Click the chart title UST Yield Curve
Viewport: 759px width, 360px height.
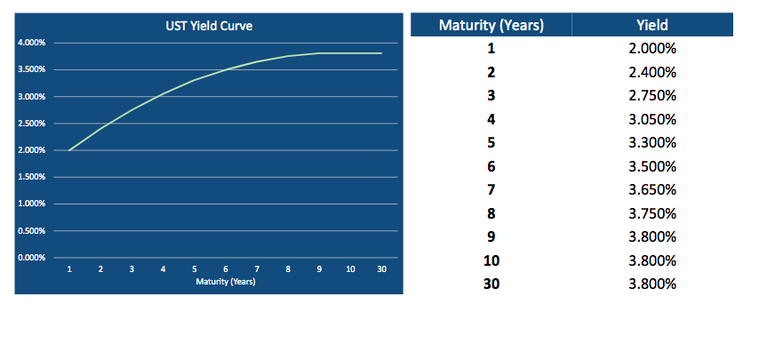click(x=211, y=27)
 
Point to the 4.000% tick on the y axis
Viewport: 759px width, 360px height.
click(x=32, y=43)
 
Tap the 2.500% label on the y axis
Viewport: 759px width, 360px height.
click(x=32, y=124)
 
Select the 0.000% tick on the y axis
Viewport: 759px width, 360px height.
click(x=32, y=258)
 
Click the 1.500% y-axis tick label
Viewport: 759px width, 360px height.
click(x=32, y=177)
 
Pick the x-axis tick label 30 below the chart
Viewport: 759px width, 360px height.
click(x=381, y=268)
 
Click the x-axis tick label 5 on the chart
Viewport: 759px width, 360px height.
click(x=195, y=268)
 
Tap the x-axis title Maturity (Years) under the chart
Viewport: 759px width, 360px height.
click(x=226, y=281)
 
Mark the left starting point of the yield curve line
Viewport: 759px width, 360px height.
click(x=69, y=150)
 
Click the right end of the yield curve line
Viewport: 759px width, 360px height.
click(x=381, y=53)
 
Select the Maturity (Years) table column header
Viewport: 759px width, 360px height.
click(x=491, y=25)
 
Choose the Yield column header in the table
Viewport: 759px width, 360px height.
click(x=652, y=25)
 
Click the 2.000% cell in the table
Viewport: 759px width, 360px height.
click(x=652, y=48)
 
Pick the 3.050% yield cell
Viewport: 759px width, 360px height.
click(x=652, y=119)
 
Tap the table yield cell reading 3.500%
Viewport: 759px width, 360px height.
click(x=652, y=166)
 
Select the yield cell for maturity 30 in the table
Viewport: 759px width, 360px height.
click(x=652, y=284)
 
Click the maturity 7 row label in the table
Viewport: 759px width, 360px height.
click(x=491, y=190)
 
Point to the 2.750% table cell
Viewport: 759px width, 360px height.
click(x=652, y=95)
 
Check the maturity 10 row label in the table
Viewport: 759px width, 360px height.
click(x=491, y=261)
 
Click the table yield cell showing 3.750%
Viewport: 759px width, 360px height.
click(x=652, y=213)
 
